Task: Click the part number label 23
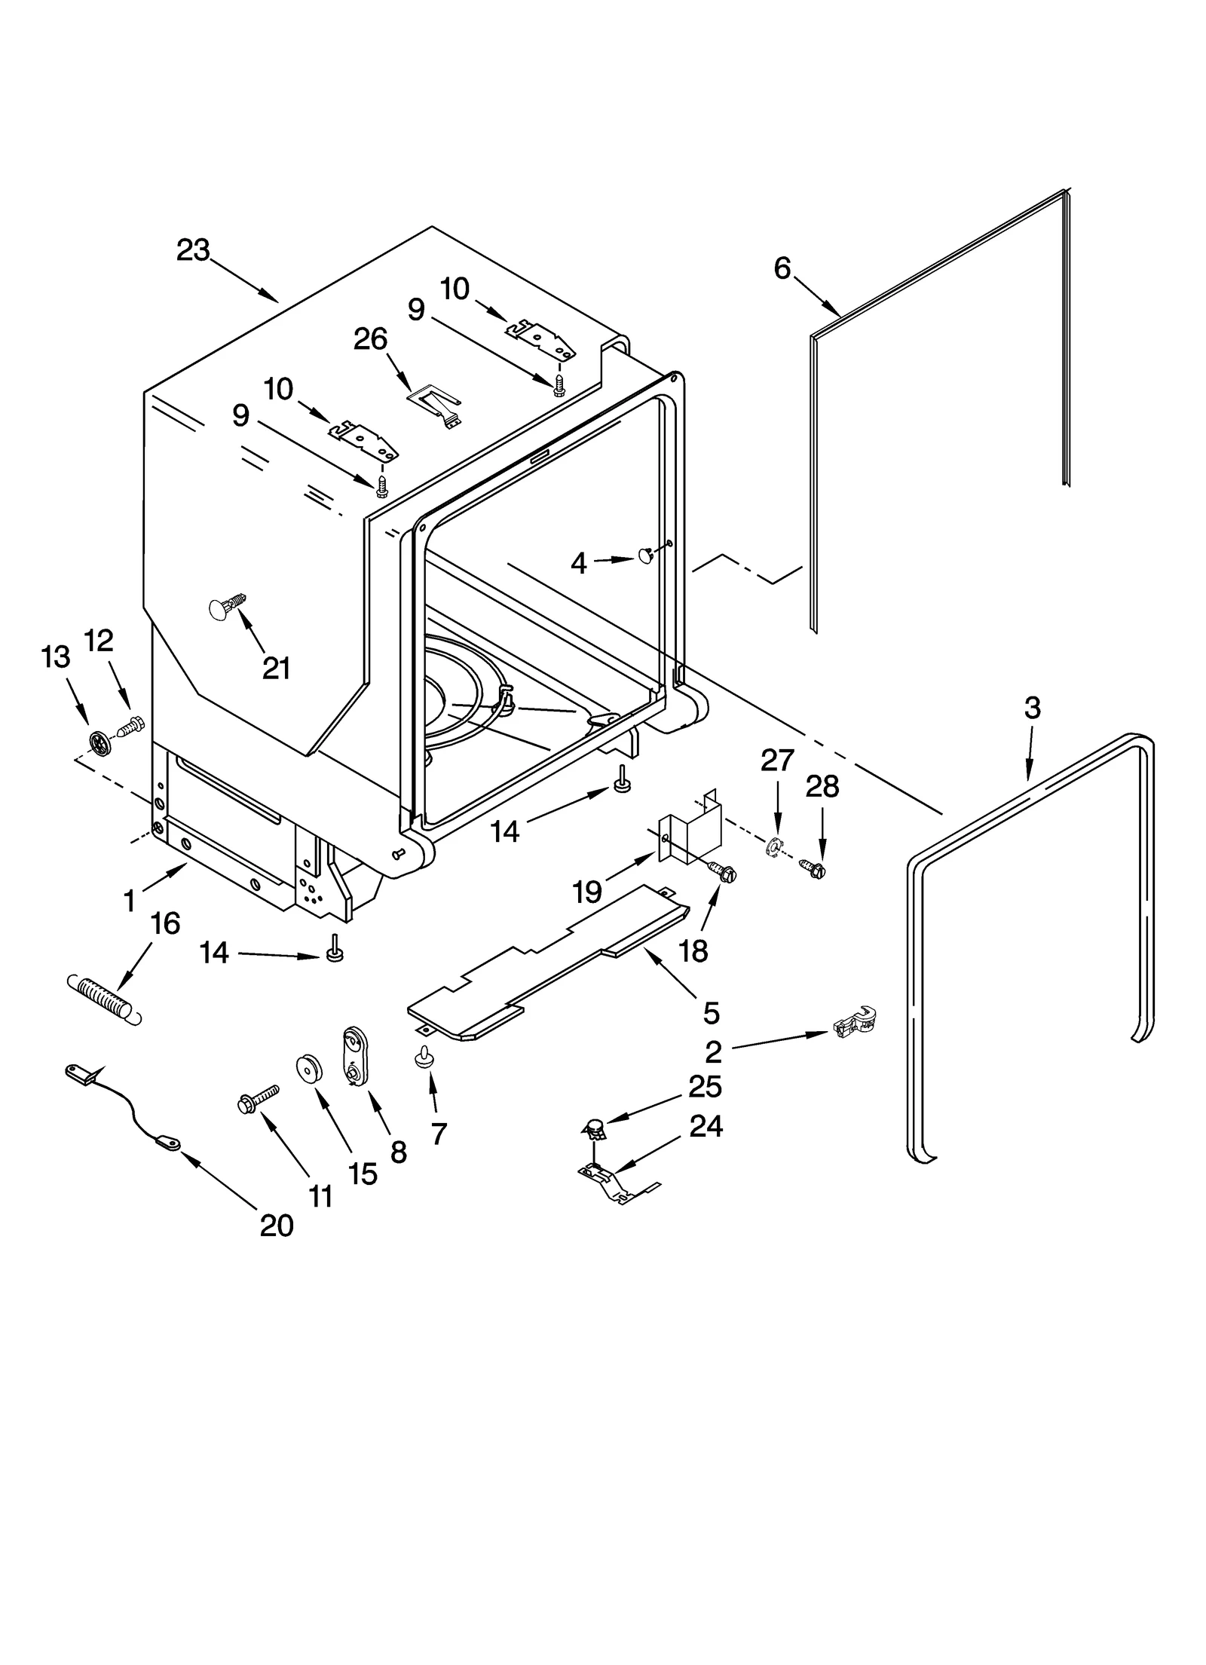pyautogui.click(x=192, y=250)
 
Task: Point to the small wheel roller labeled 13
pyautogui.click(x=99, y=742)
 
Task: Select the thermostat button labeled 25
pyautogui.click(x=595, y=1129)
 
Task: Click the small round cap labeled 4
pyautogui.click(x=646, y=556)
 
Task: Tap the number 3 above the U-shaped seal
pyautogui.click(x=1032, y=708)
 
